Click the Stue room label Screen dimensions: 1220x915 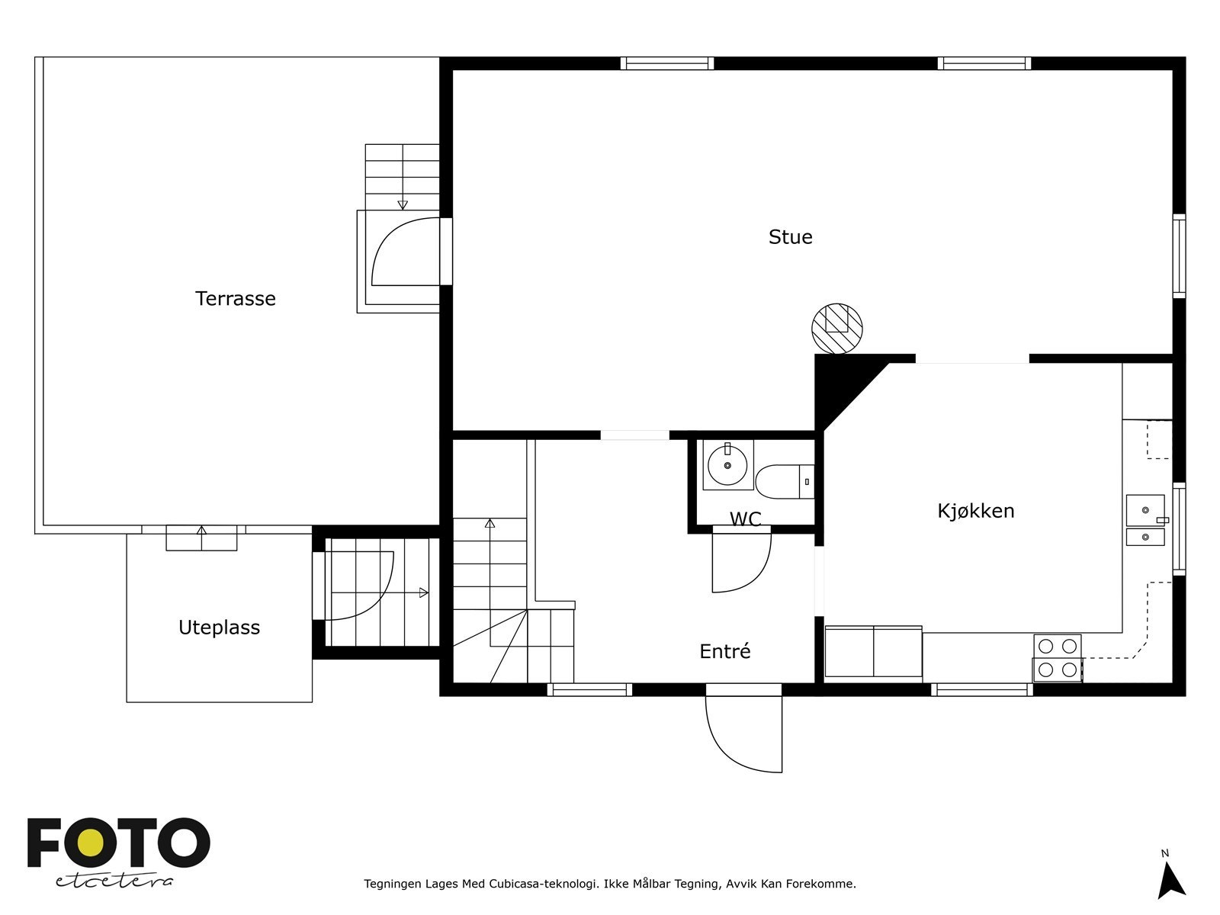coord(790,237)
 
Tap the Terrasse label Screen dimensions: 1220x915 coord(235,299)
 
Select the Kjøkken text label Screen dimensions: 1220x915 coord(975,511)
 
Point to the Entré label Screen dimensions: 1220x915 coord(725,650)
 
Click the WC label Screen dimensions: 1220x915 coord(745,519)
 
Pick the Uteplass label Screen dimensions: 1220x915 coord(219,628)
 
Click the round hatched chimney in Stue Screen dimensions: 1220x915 coord(836,329)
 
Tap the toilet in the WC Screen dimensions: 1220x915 coord(785,481)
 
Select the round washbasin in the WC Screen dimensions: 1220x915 coord(727,465)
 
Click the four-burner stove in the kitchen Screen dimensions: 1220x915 coord(1057,658)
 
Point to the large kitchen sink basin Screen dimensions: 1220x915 coord(1145,510)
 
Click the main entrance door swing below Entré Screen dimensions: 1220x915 coord(743,734)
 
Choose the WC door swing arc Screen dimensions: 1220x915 coord(741,562)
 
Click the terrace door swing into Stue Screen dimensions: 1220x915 coord(406,251)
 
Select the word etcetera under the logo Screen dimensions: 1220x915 coord(114,881)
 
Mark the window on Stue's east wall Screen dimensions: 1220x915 coord(1179,255)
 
